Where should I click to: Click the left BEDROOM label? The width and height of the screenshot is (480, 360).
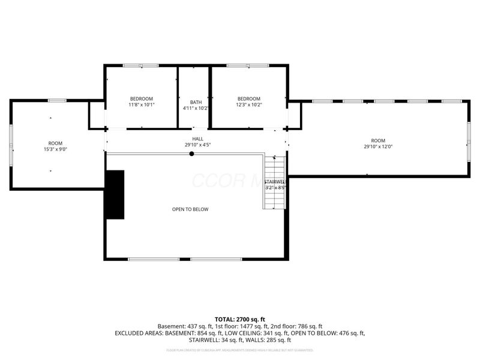coord(141,98)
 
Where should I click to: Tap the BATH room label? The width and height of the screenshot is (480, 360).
coord(196,101)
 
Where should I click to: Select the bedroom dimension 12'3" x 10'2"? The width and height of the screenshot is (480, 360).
coord(248,105)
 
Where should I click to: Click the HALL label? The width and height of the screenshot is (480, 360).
coord(197,139)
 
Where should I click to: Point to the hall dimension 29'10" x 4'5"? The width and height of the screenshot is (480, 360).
coord(197,145)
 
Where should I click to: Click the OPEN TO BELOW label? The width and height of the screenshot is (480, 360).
coord(190,209)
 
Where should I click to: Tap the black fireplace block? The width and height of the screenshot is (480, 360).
coord(115,194)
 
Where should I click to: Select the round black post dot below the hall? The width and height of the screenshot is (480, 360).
coord(192,154)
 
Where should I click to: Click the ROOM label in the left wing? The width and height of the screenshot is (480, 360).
coord(55,143)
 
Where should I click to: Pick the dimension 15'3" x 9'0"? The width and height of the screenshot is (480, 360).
coord(55,149)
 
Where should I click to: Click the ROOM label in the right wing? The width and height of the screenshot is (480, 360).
coord(378,140)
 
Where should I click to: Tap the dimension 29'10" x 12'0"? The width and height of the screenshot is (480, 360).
coord(378,146)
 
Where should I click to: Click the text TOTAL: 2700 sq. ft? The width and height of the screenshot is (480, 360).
coord(240,319)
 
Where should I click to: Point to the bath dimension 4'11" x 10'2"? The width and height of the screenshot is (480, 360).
coord(196,108)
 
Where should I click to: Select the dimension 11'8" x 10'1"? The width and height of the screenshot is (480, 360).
coord(141,105)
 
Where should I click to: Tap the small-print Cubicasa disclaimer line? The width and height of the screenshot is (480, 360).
coord(240,350)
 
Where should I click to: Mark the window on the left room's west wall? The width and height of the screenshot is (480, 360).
coord(11,144)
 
